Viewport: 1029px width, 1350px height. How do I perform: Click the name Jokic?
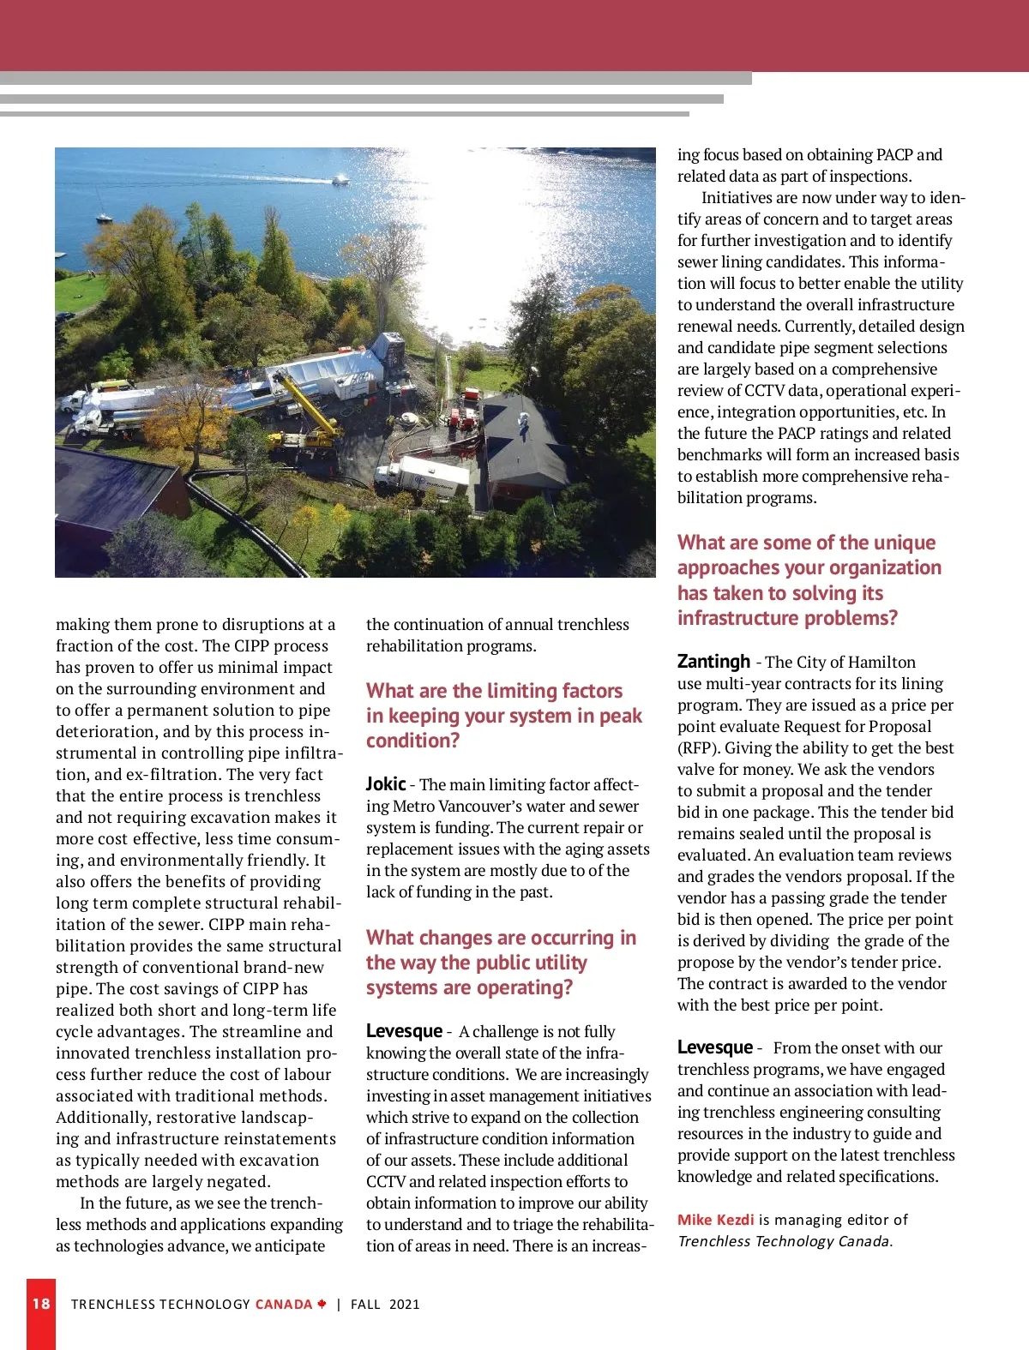386,784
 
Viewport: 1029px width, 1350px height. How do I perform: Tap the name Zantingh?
713,662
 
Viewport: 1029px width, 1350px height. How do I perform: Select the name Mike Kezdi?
716,1220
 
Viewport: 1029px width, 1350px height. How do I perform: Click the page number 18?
41,1304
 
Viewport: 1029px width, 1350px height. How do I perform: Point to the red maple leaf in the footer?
322,1305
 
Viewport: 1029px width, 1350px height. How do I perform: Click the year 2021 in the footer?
405,1305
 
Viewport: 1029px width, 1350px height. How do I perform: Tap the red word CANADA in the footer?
284,1305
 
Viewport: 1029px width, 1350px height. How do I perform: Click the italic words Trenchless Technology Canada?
785,1241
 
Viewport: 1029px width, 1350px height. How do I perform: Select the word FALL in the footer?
365,1305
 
